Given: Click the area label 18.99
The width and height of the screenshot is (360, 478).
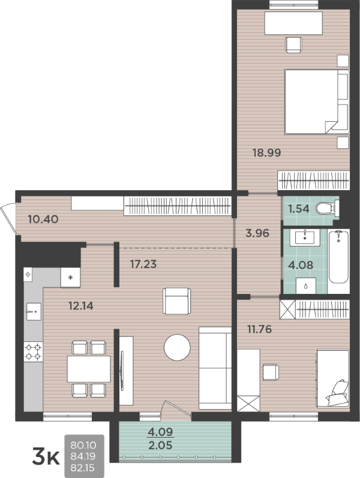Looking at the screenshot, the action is click(x=266, y=152).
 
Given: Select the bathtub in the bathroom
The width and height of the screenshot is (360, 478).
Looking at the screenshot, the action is click(x=338, y=257).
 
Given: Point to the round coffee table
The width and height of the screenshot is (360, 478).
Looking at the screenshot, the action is click(x=177, y=347).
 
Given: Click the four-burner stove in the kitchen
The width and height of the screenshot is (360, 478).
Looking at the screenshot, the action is click(x=33, y=351).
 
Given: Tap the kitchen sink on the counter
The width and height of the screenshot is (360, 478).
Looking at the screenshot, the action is click(x=34, y=311).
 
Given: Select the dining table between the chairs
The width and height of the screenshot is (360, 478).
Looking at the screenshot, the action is click(x=89, y=369).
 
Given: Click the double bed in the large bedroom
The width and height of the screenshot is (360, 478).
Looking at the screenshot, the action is click(x=317, y=102).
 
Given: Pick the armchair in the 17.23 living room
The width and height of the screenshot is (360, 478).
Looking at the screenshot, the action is click(x=176, y=301).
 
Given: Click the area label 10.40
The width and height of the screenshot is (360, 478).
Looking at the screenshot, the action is click(x=43, y=219).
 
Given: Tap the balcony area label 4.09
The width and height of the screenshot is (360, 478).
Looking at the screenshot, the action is click(x=160, y=432).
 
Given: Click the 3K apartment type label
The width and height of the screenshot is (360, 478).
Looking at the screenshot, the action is click(x=46, y=457).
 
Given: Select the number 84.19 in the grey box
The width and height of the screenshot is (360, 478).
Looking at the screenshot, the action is click(x=83, y=456).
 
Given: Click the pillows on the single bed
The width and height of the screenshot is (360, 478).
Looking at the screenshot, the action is click(x=338, y=393).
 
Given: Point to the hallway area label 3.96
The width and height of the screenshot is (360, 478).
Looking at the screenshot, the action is click(x=257, y=233).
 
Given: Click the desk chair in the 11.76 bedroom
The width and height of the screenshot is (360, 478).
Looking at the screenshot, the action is click(x=271, y=372).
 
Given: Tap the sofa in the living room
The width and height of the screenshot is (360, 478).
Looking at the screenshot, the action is click(x=215, y=368).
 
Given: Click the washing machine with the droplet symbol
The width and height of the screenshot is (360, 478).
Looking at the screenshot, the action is click(x=305, y=286).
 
